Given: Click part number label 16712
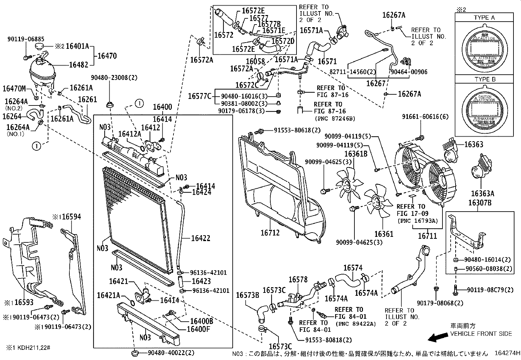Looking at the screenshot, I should [x=270, y=233].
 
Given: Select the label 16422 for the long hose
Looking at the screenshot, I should [x=200, y=238].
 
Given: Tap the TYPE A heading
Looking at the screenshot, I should [x=484, y=18].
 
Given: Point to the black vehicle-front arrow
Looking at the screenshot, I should [x=438, y=337].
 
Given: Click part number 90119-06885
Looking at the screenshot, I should [x=26, y=39].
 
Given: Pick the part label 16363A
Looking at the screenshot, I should [x=482, y=194].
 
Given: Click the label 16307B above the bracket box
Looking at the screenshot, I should [x=479, y=203].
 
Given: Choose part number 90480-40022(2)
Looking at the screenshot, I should [x=171, y=353].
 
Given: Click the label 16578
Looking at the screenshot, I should [x=298, y=279].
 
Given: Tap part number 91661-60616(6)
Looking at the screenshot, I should [x=425, y=117].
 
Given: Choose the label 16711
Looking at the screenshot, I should [x=427, y=236].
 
